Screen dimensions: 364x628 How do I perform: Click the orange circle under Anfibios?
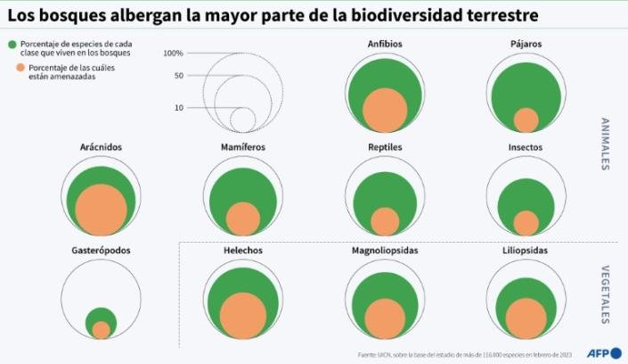pos(384,111)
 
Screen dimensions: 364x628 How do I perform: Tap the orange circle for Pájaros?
pos(526,120)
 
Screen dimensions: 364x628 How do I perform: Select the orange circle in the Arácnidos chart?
pos(101,211)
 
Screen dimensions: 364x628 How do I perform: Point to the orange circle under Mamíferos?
pos(242,219)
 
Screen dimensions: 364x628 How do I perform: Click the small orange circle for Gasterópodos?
pos(101,330)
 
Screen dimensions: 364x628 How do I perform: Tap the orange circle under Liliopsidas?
pos(526,319)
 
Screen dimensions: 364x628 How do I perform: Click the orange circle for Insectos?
pos(526,223)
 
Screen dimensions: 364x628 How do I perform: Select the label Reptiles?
pos(385,147)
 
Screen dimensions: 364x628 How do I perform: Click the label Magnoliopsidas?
pos(385,251)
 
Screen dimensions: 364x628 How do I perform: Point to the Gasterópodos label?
pos(101,251)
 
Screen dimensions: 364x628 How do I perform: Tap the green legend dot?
pos(11,45)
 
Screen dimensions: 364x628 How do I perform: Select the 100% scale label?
pos(173,54)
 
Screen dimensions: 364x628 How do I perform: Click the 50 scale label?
pos(178,76)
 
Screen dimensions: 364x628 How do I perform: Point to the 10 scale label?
pos(179,108)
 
